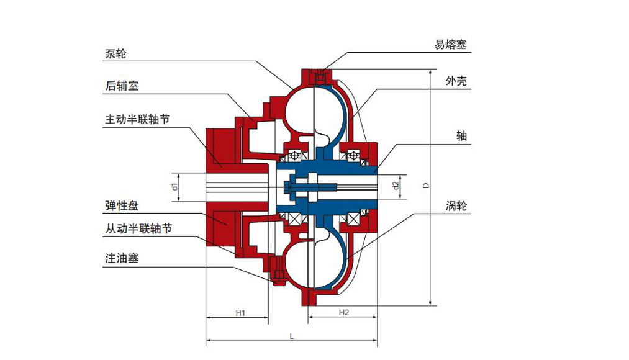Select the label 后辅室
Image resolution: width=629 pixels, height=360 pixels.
pyautogui.click(x=122, y=86)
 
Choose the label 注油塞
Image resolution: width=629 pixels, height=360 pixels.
pyautogui.click(x=122, y=259)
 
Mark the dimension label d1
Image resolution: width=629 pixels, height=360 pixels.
pyautogui.click(x=176, y=186)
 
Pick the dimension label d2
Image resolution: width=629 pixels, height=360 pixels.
pyautogui.click(x=396, y=185)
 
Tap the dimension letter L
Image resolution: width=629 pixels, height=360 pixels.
pyautogui.click(x=291, y=336)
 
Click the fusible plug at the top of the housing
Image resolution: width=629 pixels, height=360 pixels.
pyautogui.click(x=321, y=76)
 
